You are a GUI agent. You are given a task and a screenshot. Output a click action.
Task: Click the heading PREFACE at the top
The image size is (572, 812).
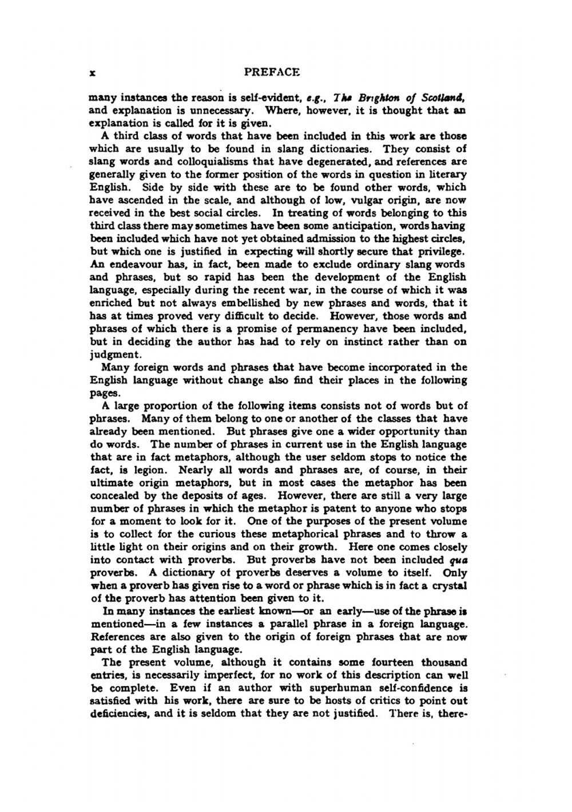click(x=272, y=72)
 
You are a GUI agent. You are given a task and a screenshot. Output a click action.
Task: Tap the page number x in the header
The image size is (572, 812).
click(x=92, y=73)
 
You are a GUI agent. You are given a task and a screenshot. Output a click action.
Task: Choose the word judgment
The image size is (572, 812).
click(x=114, y=354)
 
